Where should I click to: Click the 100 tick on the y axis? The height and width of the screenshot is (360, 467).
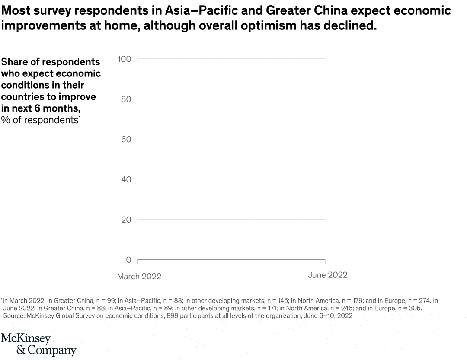(125, 59)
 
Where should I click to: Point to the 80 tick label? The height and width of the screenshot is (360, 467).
(126, 99)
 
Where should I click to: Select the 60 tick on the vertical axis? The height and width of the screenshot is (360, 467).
(126, 139)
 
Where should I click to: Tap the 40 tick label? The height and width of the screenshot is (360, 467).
(126, 179)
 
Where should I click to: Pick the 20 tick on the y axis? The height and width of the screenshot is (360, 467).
(126, 220)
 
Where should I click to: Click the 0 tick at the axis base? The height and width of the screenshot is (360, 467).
(128, 260)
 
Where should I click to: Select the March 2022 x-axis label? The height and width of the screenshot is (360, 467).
(139, 276)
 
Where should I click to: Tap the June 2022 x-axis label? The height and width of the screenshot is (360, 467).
(327, 275)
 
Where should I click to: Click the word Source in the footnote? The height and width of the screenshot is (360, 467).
(14, 316)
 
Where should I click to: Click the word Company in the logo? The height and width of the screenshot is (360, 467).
(52, 350)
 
